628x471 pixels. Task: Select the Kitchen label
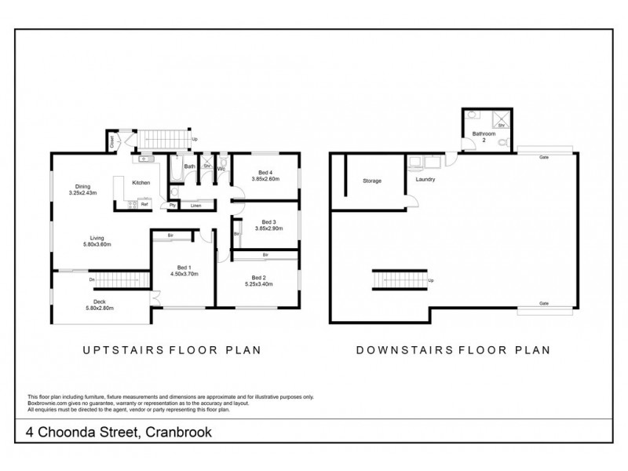click(x=141, y=183)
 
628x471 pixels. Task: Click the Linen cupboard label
click(x=195, y=206)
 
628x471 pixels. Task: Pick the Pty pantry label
click(x=172, y=206)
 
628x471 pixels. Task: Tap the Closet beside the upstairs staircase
click(x=112, y=143)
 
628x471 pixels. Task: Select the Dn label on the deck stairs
click(x=92, y=279)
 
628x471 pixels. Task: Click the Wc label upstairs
click(x=222, y=167)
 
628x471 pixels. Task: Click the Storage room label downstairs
click(x=371, y=181)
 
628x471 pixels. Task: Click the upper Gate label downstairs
click(x=543, y=158)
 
